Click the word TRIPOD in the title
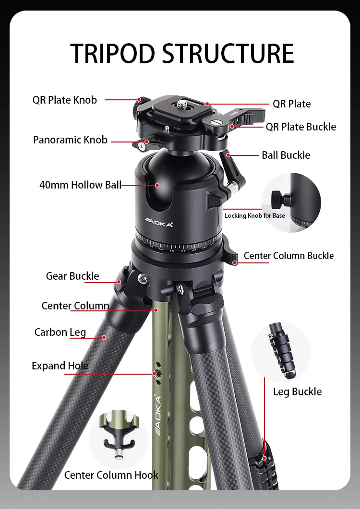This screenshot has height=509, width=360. coord(112,53)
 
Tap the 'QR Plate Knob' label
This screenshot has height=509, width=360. coord(65,100)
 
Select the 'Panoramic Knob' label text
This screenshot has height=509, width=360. coord(70,140)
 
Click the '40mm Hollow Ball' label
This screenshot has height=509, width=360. coord(80,185)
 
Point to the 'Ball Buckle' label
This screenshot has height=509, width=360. coord(286,155)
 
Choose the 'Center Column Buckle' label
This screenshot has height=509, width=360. coord(288,256)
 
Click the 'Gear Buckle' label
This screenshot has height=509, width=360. coord(72,276)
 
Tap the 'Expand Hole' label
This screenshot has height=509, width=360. coord(60,366)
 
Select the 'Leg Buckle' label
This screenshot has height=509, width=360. coord(297,391)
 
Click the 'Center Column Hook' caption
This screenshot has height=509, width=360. coord(111,475)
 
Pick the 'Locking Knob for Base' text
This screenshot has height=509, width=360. coord(255,215)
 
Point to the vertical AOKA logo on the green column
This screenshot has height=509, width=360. coord(158,415)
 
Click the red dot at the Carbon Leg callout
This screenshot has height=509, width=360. coord(104,337)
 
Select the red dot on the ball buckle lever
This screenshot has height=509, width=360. coord(228,155)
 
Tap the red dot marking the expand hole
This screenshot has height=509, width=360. coord(155,373)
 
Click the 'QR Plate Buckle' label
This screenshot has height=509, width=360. coord(301,127)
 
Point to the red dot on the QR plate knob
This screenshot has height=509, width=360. coord(139,99)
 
